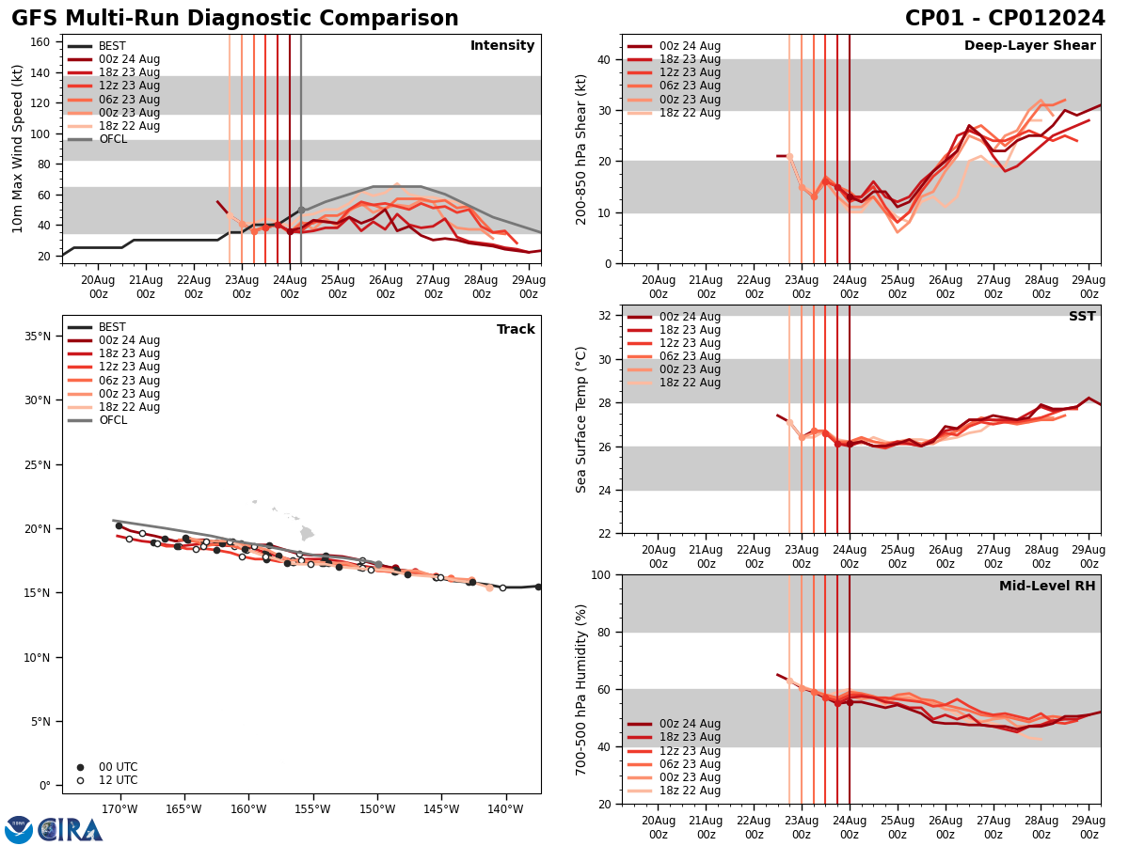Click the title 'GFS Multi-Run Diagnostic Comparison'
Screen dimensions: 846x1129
pyautogui.click(x=234, y=19)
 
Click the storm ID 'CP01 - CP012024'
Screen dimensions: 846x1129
pyautogui.click(x=1005, y=19)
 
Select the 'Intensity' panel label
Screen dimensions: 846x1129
pyautogui.click(x=502, y=46)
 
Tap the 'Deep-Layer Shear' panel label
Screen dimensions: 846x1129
pyautogui.click(x=1029, y=46)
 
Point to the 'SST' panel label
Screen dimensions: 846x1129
pyautogui.click(x=1081, y=317)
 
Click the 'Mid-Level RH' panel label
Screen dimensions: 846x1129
pyautogui.click(x=1047, y=587)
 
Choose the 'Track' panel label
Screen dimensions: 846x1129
pyautogui.click(x=516, y=330)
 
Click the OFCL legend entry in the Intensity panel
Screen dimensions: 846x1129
pyautogui.click(x=112, y=139)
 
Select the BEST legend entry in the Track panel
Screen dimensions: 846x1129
pyautogui.click(x=112, y=327)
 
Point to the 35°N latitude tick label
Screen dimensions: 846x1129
pyautogui.click(x=38, y=336)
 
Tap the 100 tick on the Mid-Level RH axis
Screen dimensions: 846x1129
pyautogui.click(x=600, y=574)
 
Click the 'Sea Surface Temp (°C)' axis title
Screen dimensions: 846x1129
pyautogui.click(x=581, y=419)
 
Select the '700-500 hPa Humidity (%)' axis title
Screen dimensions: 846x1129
pyautogui.click(x=581, y=689)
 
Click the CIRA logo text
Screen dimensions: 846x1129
pyautogui.click(x=71, y=830)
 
